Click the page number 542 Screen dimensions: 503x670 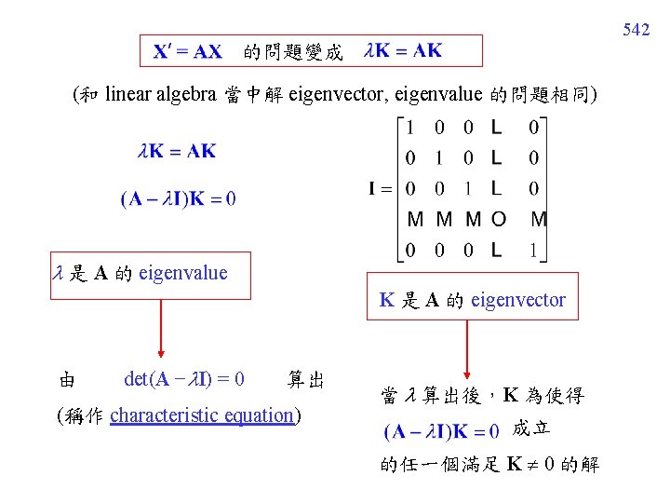636,31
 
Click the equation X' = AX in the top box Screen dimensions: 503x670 187,52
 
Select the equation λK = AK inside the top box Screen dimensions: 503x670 404,51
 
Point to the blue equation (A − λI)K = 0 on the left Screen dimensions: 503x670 178,197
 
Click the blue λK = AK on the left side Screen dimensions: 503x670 177,150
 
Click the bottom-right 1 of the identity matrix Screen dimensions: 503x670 533,250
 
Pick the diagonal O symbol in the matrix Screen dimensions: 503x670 499,220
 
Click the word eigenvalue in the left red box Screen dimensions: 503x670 182,273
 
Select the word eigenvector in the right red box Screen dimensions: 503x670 518,300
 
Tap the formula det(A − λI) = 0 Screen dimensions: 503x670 184,379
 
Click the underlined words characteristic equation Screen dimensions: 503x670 202,415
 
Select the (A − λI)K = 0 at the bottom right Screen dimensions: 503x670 442,431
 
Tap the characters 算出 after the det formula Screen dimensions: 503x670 306,379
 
